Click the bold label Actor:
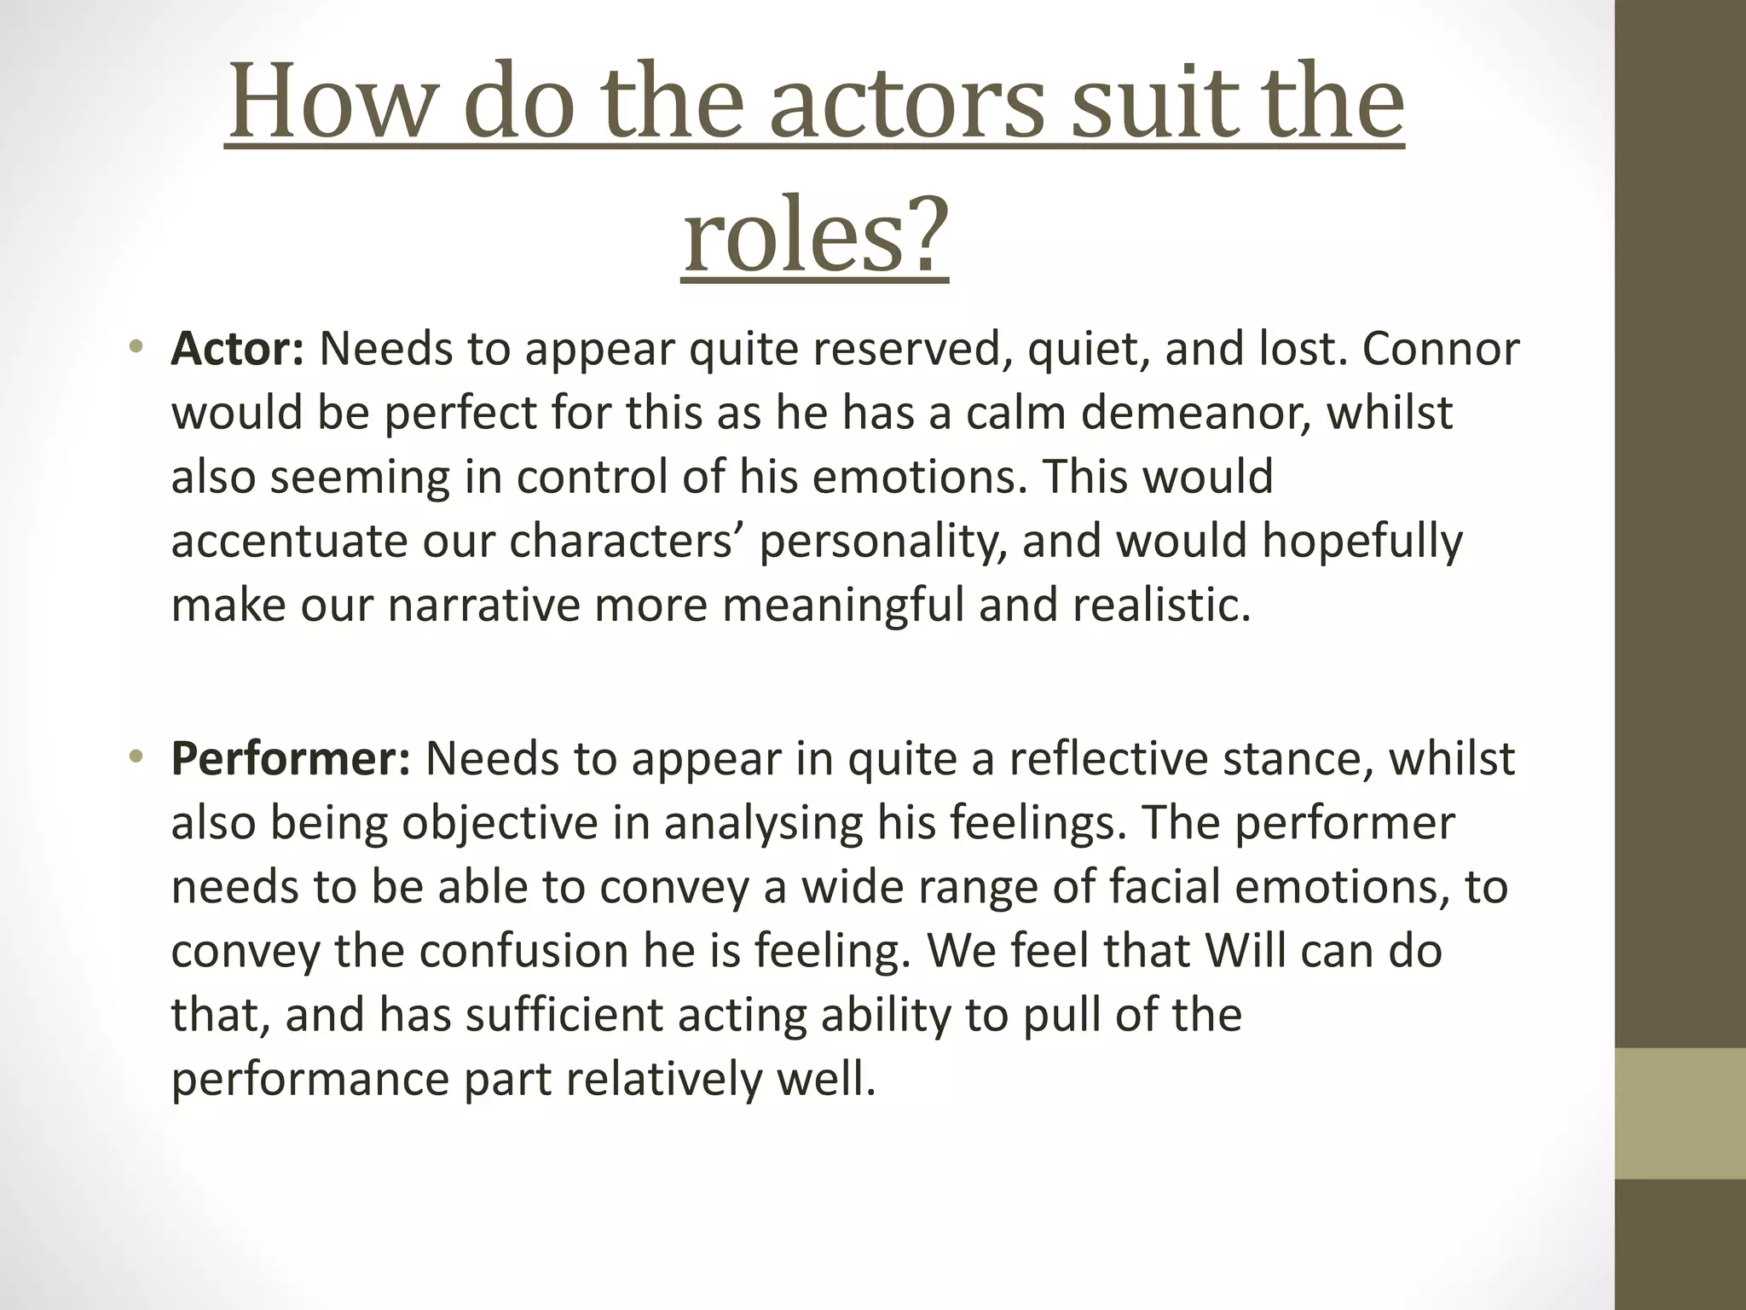[x=237, y=349]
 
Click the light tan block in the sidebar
[x=1680, y=1113]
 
